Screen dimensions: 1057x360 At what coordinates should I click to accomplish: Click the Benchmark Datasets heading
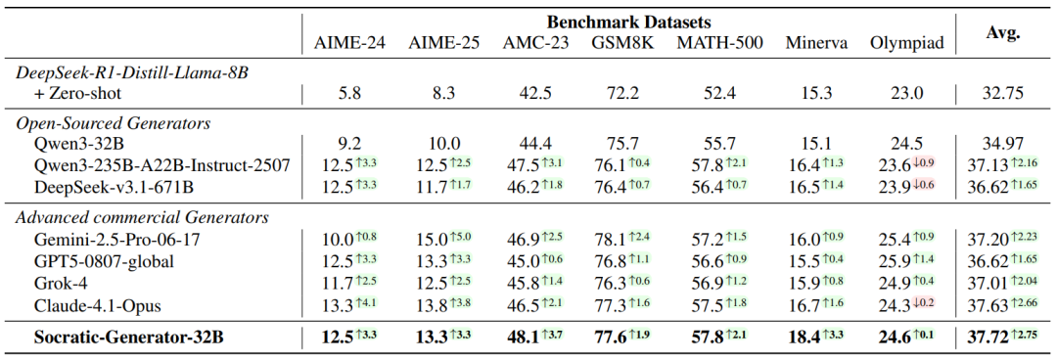click(x=629, y=22)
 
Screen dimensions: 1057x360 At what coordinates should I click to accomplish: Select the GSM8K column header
click(x=621, y=44)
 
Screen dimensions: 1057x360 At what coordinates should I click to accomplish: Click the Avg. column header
click(x=1002, y=33)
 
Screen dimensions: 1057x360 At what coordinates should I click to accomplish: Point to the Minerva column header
click(x=811, y=44)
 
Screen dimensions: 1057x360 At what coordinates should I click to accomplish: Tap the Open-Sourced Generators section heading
click(x=114, y=123)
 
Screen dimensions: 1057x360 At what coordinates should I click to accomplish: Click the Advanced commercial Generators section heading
click(x=142, y=218)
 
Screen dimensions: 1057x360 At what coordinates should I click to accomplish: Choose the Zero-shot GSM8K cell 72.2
click(x=621, y=93)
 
